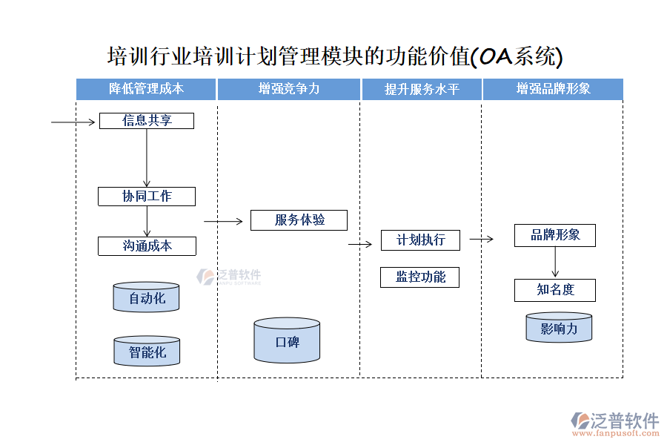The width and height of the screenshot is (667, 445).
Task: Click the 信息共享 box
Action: click(147, 120)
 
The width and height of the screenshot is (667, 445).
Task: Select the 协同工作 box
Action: click(147, 197)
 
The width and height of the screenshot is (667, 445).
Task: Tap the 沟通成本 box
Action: click(147, 246)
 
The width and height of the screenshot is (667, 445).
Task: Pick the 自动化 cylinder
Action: click(147, 297)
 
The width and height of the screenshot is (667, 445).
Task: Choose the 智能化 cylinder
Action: click(147, 352)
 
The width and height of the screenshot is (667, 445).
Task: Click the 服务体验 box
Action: click(299, 220)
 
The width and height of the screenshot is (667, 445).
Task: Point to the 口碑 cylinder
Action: click(287, 341)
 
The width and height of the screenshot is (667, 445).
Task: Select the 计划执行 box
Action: click(420, 240)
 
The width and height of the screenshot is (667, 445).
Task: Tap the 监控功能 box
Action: click(420, 277)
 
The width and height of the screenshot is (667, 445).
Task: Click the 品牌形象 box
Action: click(555, 236)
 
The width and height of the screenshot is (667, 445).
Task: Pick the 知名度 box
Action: click(555, 290)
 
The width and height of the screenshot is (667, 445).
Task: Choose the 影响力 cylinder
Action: click(559, 328)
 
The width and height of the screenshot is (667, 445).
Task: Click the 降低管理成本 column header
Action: click(146, 89)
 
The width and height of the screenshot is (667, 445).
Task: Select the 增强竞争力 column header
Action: click(289, 89)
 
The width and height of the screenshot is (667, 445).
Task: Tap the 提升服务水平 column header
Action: click(422, 89)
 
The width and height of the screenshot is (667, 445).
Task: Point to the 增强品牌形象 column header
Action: click(553, 89)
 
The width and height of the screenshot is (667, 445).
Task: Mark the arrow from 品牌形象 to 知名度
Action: click(555, 263)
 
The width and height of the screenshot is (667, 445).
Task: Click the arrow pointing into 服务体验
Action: click(224, 221)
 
